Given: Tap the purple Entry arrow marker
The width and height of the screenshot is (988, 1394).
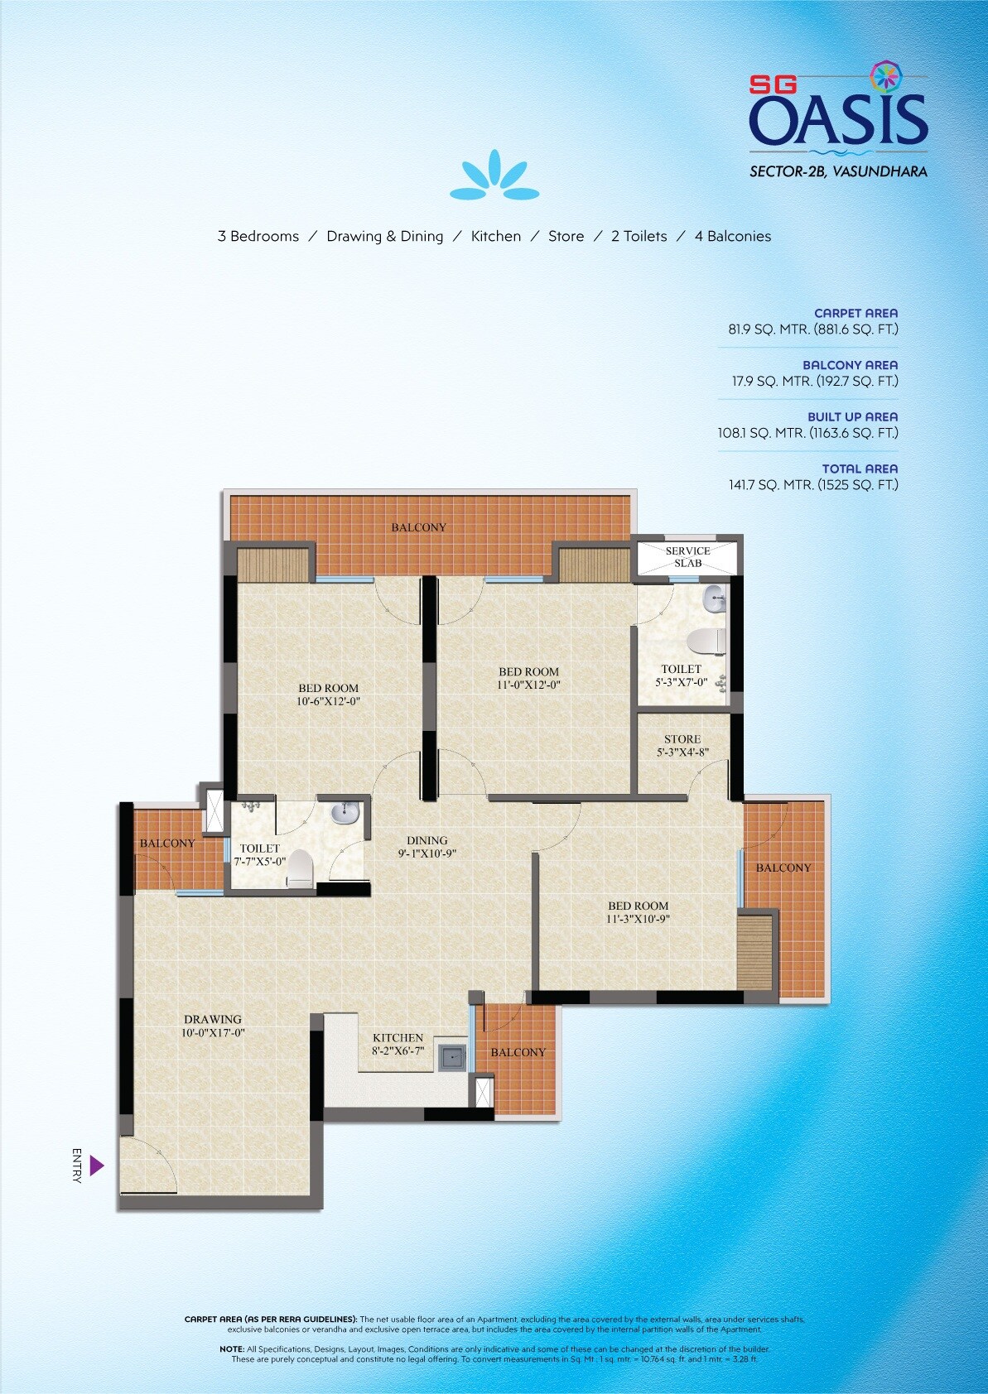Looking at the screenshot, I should pos(96,1166).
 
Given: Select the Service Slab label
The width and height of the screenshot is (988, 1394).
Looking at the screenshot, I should pos(687,556).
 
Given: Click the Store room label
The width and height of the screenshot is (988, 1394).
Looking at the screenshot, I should pos(682,739).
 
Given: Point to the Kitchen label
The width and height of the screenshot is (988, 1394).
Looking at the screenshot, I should pos(398,1037).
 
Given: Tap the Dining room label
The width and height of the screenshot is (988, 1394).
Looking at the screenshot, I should pos(427,840).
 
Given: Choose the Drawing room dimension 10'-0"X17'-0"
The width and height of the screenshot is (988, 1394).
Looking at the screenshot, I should pos(213,1033).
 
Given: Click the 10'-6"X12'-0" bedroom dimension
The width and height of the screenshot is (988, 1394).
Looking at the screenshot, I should pos(328,701).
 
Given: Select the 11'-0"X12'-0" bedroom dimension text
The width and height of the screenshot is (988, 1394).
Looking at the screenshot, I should pos(529,685).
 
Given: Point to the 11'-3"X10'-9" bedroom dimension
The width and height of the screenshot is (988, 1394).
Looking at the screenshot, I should pos(638,919).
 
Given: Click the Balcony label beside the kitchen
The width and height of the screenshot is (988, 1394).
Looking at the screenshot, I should pos(518,1052).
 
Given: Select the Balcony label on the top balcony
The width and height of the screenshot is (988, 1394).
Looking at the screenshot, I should pos(418,527).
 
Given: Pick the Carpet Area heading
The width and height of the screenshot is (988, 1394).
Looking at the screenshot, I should pos(855,313).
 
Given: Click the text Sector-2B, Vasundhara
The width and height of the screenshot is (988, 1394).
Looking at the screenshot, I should pos(838,172).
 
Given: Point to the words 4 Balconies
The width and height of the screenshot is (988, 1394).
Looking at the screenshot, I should pos(732,236).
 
